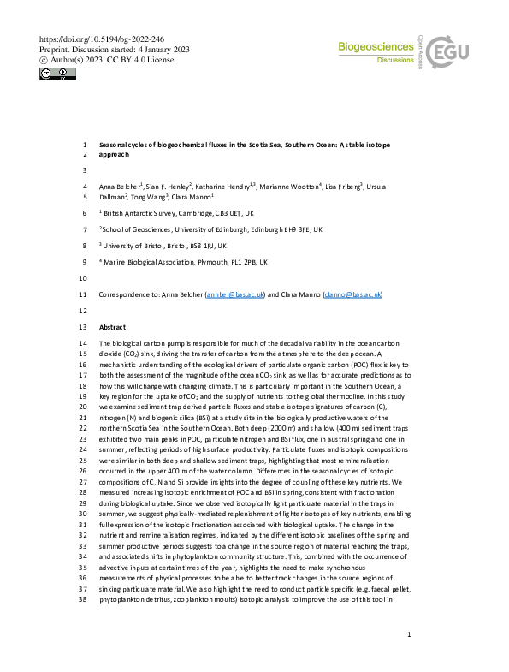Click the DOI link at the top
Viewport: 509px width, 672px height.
click(x=102, y=39)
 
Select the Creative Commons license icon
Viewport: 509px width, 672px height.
click(x=57, y=75)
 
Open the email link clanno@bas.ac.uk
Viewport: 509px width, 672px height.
click(x=352, y=294)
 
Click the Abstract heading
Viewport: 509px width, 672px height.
click(x=113, y=328)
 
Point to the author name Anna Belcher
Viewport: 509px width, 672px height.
click(x=120, y=186)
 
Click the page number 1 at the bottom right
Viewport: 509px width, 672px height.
click(x=411, y=634)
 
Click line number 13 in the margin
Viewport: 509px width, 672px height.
click(x=82, y=328)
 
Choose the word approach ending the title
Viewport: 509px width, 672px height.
click(x=115, y=155)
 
